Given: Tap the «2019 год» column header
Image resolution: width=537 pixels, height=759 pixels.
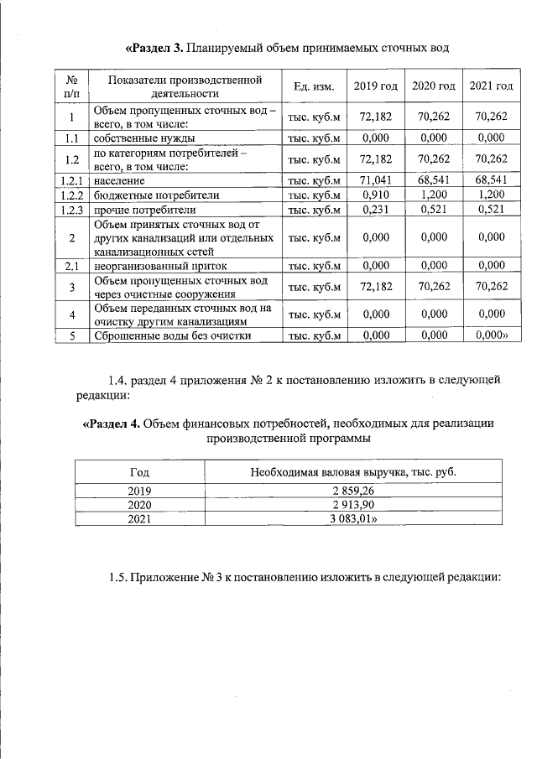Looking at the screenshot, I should (x=375, y=87).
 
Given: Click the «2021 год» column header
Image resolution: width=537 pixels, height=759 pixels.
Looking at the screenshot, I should (x=491, y=87).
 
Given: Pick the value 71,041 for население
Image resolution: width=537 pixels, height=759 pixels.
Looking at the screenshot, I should (x=375, y=180).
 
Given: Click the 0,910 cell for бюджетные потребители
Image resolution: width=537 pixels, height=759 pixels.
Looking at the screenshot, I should (x=375, y=195).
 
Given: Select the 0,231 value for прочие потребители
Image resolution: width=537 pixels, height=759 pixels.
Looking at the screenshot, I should (x=375, y=210).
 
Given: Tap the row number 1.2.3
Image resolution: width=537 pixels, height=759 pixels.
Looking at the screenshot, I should (x=71, y=210).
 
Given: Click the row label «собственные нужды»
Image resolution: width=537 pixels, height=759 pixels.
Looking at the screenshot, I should (x=144, y=138).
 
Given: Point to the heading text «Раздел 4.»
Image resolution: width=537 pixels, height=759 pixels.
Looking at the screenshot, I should (x=112, y=424).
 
